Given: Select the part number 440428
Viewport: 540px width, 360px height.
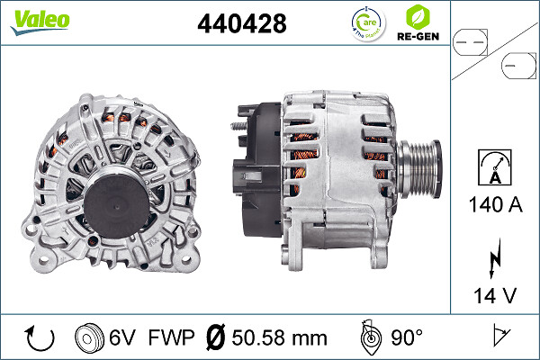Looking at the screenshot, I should [241, 24].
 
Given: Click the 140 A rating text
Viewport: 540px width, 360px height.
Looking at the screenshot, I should [494, 204].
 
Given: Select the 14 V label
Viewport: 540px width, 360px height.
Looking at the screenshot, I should [494, 294].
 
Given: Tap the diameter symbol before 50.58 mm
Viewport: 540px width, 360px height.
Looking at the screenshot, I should [214, 338].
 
